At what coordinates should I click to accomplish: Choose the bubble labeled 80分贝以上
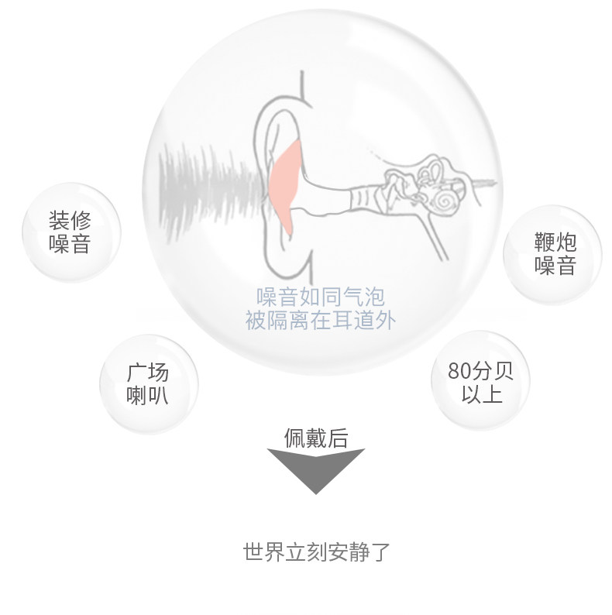coord(480,381)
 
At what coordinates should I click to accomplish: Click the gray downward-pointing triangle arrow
coord(315,468)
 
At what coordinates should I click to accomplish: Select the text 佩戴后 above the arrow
coord(315,438)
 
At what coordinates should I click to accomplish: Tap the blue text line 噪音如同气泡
coord(320,297)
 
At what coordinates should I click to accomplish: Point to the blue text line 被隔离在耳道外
coord(320,319)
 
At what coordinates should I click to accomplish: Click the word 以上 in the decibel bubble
coord(481,393)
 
